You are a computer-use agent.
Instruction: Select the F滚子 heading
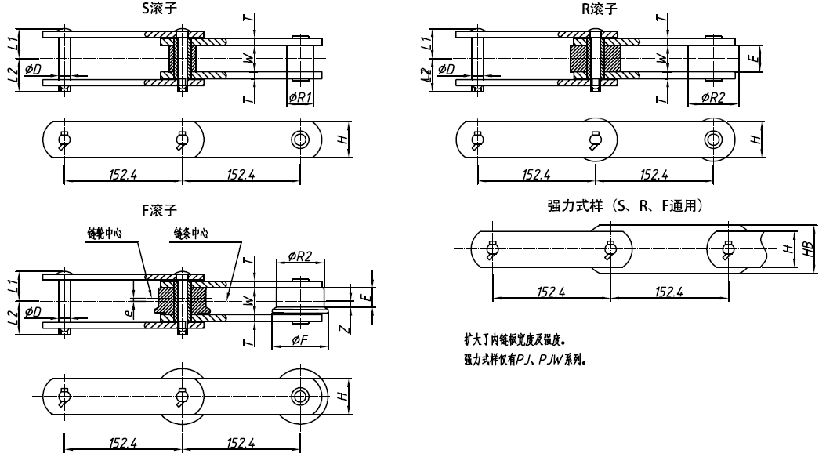point(159,210)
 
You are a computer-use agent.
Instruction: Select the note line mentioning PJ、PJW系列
point(525,361)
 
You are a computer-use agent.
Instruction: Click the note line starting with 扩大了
point(514,340)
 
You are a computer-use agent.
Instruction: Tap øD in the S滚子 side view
point(34,70)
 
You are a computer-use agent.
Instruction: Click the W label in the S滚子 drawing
point(248,57)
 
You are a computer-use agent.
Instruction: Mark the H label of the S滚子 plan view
point(341,139)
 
